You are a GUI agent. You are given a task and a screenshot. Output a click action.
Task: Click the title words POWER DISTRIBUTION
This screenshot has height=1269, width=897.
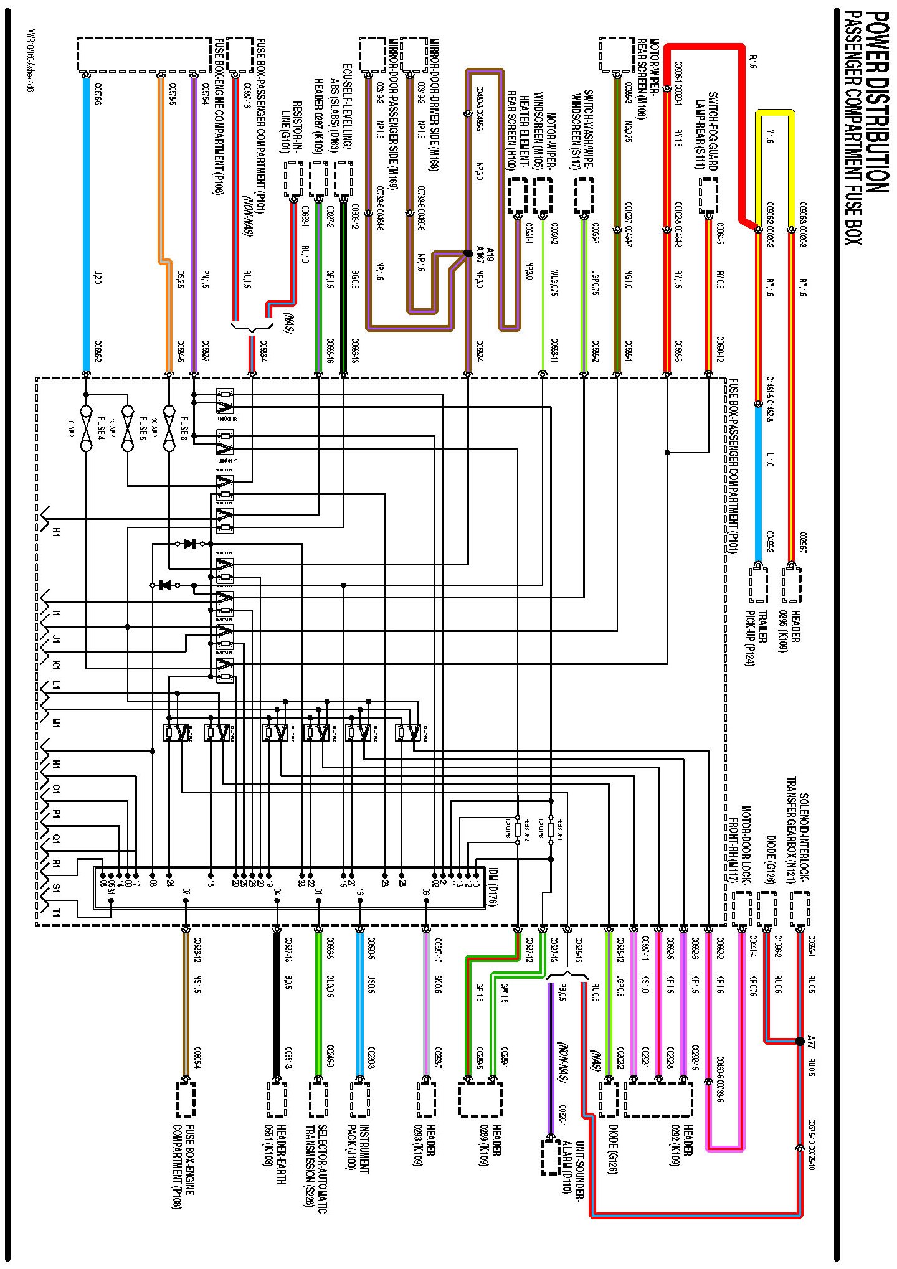coord(876,102)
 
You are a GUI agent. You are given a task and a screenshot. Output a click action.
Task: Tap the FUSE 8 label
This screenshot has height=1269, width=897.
coord(184,427)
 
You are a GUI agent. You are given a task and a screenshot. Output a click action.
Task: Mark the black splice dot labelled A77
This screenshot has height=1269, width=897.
coord(800,1040)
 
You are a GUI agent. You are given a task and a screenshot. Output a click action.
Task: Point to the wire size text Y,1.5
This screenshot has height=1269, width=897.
coord(769,136)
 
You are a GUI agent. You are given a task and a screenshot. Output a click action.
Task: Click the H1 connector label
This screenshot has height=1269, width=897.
coord(55,532)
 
